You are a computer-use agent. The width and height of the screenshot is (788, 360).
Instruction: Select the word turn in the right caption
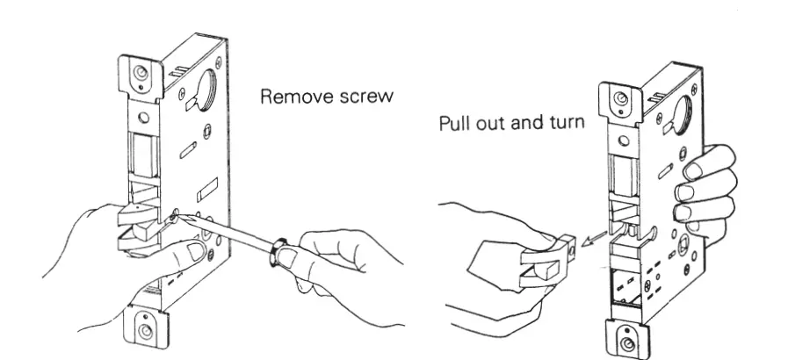coord(564,122)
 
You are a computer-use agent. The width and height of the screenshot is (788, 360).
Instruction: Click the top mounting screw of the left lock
coord(141,73)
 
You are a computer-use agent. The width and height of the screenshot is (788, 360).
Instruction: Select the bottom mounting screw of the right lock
coord(623,342)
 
